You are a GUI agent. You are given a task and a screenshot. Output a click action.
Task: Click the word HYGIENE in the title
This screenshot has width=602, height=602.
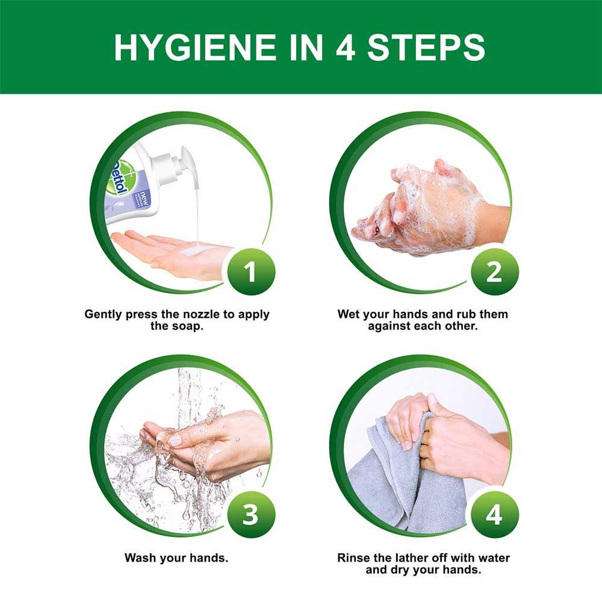click(x=195, y=47)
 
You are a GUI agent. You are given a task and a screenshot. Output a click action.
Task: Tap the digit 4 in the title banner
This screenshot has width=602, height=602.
click(x=346, y=47)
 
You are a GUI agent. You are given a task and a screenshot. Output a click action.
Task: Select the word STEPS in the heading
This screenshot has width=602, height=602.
click(x=426, y=47)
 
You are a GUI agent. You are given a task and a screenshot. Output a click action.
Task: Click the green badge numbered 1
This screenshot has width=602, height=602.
click(x=251, y=272)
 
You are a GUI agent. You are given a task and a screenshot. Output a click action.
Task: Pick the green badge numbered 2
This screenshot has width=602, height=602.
click(x=494, y=272)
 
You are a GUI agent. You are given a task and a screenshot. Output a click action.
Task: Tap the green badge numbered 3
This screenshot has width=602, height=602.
click(x=251, y=515)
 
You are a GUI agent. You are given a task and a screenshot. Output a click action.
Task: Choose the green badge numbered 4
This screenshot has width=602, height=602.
click(x=494, y=515)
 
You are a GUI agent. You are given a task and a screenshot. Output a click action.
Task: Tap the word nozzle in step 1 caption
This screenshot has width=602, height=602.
click(x=202, y=314)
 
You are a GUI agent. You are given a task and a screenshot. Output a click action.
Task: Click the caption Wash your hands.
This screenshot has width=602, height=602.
click(x=176, y=557)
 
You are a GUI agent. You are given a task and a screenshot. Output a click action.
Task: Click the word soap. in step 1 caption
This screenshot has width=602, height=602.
click(x=187, y=327)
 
